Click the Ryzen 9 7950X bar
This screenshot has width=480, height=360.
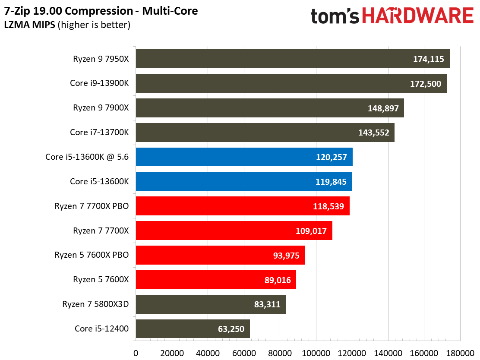pyautogui.click(x=293, y=59)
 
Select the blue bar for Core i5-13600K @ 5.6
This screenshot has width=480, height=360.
pyautogui.click(x=244, y=157)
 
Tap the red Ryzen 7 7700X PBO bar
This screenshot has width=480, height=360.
pyautogui.click(x=243, y=206)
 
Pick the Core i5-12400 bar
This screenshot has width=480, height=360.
pyautogui.click(x=193, y=329)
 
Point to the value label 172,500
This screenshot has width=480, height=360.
pyautogui.click(x=426, y=84)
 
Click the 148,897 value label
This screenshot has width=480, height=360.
pyautogui.click(x=383, y=108)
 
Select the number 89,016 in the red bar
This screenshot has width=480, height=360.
pyautogui.click(x=278, y=280)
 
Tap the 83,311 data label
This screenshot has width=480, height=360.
pyautogui.click(x=267, y=304)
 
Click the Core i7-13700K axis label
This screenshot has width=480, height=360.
pyautogui.click(x=99, y=132)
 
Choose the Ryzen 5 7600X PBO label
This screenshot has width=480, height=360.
pyautogui.click(x=92, y=255)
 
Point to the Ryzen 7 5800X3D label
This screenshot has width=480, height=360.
pyautogui.click(x=95, y=304)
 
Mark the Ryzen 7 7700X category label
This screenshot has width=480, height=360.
pyautogui.click(x=101, y=231)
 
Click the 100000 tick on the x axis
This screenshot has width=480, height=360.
pyautogui.click(x=316, y=353)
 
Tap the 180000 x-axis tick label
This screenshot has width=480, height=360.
pyautogui.click(x=460, y=353)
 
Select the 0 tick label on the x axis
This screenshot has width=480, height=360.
pyautogui.click(x=136, y=353)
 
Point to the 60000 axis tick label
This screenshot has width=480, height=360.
pyautogui.click(x=244, y=353)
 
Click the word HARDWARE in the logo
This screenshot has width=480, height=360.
pyautogui.click(x=418, y=16)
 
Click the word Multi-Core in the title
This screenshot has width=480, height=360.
pyautogui.click(x=170, y=11)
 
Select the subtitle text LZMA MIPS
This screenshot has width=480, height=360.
pyautogui.click(x=30, y=25)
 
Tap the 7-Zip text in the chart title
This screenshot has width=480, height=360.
pyautogui.click(x=17, y=11)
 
